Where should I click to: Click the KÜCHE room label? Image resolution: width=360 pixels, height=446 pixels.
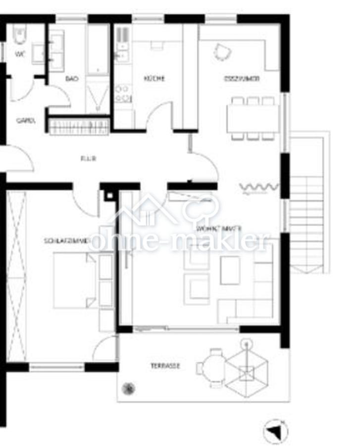pyautogui.click(x=154, y=78)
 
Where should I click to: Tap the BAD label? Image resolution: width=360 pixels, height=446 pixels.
pyautogui.click(x=72, y=78)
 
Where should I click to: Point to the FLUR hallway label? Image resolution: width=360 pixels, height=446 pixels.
pyautogui.click(x=88, y=159)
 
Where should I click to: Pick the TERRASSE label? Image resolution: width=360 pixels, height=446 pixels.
pyautogui.click(x=165, y=366)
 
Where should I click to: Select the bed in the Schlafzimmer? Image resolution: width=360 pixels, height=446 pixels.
pyautogui.click(x=74, y=280)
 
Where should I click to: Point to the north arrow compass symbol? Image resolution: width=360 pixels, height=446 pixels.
pyautogui.click(x=275, y=432)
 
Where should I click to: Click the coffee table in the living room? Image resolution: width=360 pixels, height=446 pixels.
pyautogui.click(x=230, y=270)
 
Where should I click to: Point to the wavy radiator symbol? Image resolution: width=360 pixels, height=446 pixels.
pyautogui.click(x=258, y=187)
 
